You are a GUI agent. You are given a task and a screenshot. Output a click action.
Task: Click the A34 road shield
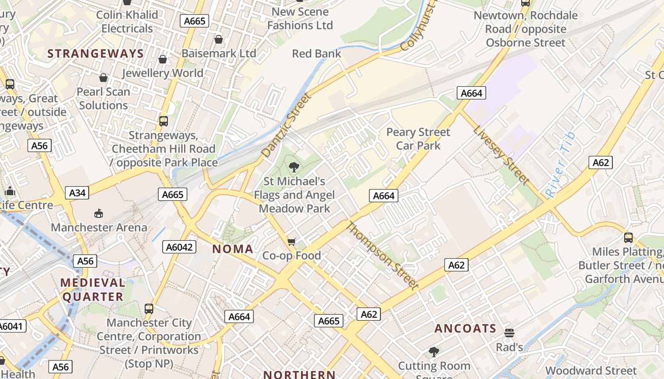tap(78, 193)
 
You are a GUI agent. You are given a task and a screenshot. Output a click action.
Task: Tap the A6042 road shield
tap(179, 247)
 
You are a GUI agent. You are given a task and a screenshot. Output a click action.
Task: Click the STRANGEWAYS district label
tap(95, 54)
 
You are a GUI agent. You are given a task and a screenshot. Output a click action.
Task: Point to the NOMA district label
tap(232, 249)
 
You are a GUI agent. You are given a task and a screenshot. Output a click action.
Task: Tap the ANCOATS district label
tap(465, 328)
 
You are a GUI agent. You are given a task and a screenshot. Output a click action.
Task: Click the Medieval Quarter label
tap(92, 290)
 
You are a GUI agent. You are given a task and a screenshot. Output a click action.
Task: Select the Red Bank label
tap(316, 54)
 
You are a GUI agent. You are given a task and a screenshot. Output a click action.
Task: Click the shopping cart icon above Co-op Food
tap(292, 242)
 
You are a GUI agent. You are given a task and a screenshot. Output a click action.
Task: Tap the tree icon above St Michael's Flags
tap(294, 167)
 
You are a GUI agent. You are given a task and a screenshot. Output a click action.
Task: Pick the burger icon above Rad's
tap(509, 333)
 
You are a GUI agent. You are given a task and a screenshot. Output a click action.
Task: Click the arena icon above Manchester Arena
tap(99, 214)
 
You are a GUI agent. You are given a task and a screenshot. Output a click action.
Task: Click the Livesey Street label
tap(501, 155)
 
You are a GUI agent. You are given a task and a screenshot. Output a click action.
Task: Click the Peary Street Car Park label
tap(418, 139)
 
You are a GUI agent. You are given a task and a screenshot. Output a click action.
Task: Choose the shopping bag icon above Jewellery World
tap(162, 59)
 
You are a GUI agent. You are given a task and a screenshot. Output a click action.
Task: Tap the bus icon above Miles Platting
tap(628, 237)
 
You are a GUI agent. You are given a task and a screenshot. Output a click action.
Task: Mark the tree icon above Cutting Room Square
tap(433, 352)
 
